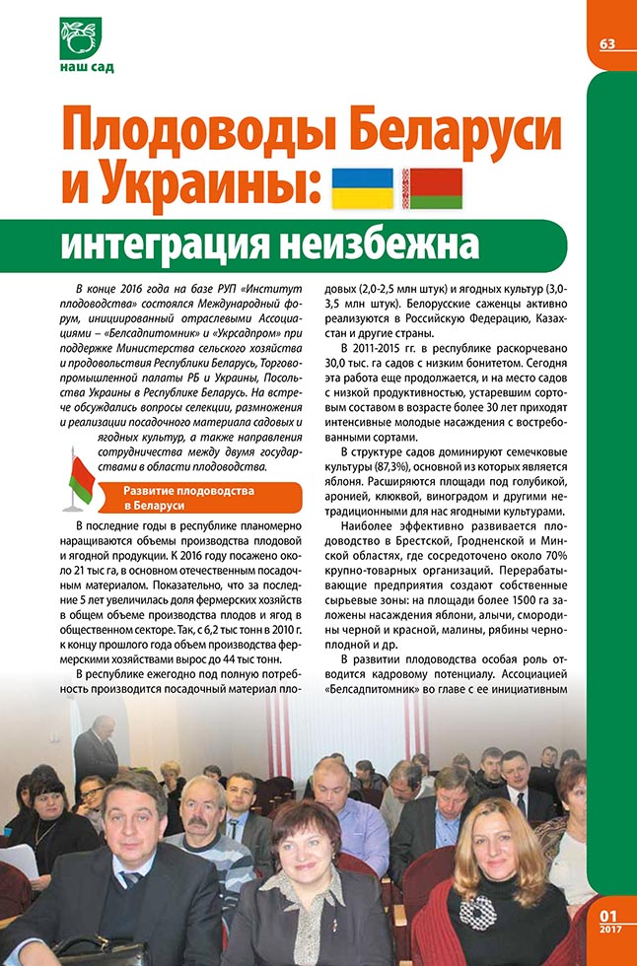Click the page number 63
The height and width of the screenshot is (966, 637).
pyautogui.click(x=606, y=44)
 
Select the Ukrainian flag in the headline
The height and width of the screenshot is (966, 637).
pyautogui.click(x=361, y=187)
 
